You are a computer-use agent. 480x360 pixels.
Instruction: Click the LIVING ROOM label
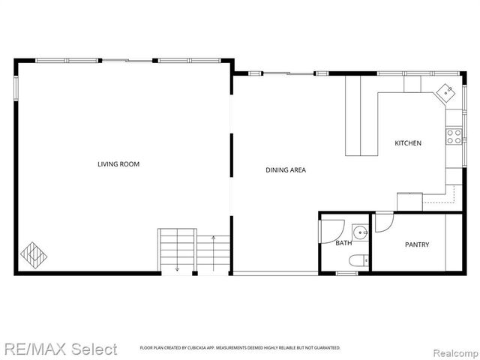tap(118, 164)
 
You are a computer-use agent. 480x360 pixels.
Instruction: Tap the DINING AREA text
tap(286, 169)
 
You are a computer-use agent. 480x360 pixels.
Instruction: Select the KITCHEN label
tap(408, 143)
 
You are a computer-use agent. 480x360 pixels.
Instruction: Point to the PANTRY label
tap(417, 244)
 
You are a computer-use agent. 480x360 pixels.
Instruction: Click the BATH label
tap(343, 243)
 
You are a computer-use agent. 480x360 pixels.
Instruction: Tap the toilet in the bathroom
tap(358, 260)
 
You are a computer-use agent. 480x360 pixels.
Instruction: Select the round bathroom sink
tap(361, 231)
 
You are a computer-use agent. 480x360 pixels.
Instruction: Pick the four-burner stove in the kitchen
tap(454, 136)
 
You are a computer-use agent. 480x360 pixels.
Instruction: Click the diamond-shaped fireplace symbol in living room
tap(33, 254)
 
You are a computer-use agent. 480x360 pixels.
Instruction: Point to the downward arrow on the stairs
tap(178, 267)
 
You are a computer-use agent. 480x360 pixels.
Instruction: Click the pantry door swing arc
tap(383, 222)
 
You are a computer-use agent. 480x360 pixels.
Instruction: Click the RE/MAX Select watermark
tap(59, 349)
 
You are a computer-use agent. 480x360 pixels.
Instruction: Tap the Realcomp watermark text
tap(451, 349)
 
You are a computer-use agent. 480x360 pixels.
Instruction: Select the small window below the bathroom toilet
tap(347, 274)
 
